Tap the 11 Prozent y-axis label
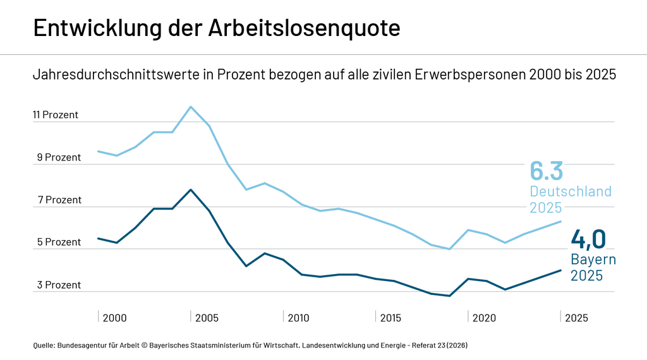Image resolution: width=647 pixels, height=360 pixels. coord(56,115)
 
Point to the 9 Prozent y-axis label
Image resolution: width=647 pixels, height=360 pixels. coord(59,157)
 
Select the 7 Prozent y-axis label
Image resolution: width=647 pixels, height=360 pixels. coord(59,200)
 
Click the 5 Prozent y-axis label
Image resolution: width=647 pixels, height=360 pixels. coord(59,242)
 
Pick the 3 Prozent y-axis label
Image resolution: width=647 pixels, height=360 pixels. coord(59,285)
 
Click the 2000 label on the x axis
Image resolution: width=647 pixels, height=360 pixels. coord(114,318)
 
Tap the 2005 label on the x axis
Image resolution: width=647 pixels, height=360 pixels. coord(207,318)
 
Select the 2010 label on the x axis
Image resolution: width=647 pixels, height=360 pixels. coord(298,318)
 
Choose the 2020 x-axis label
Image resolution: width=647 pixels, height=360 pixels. coord(483,318)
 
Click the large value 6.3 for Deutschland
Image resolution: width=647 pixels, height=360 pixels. coord(546,171)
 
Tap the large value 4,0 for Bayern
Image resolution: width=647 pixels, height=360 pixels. coord(588,239)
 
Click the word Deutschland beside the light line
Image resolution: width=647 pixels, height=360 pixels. coord(571,191)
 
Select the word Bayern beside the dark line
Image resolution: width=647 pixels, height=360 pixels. coord(593,260)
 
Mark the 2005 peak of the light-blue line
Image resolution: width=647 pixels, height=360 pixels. coord(191,107)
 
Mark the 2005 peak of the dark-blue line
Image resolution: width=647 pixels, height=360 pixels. coord(191,189)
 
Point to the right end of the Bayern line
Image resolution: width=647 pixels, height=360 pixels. coord(561,270)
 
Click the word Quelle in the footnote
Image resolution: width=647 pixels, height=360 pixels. coord(44,345)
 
